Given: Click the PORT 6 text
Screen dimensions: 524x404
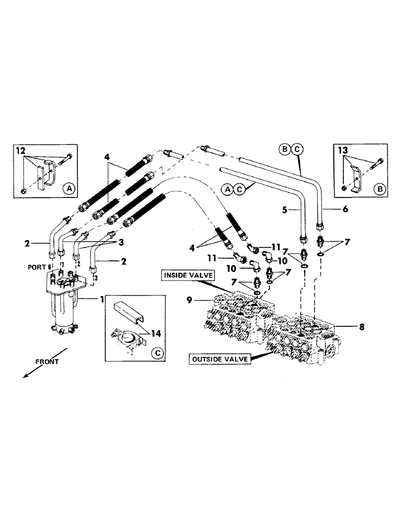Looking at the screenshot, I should pyautogui.click(x=39, y=267).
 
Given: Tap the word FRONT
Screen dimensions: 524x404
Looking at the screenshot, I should pyautogui.click(x=47, y=362).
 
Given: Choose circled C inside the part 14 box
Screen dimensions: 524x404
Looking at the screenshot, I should pyautogui.click(x=156, y=353).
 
